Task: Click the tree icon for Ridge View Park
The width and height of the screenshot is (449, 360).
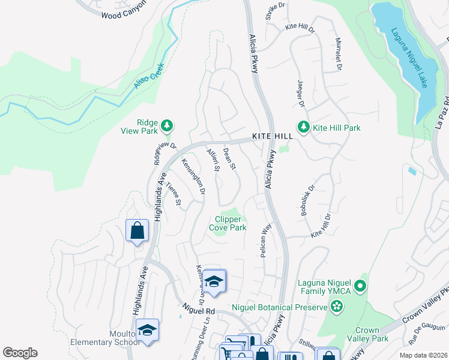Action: point(168,125)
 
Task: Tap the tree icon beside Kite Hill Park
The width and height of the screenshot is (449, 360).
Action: point(304,127)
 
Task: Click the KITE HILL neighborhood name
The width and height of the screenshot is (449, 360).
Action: point(272,137)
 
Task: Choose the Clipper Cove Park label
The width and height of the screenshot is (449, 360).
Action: point(228,224)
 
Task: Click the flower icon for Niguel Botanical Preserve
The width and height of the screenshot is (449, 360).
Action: point(337,308)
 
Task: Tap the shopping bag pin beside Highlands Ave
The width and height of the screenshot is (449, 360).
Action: point(137,230)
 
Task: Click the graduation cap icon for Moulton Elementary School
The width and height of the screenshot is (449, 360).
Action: point(147,329)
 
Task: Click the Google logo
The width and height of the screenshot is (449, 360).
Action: point(20,353)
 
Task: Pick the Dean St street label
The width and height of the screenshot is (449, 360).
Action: point(229,158)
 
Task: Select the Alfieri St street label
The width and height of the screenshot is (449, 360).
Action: point(212,160)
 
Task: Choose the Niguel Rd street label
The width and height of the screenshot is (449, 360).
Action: point(199,311)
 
